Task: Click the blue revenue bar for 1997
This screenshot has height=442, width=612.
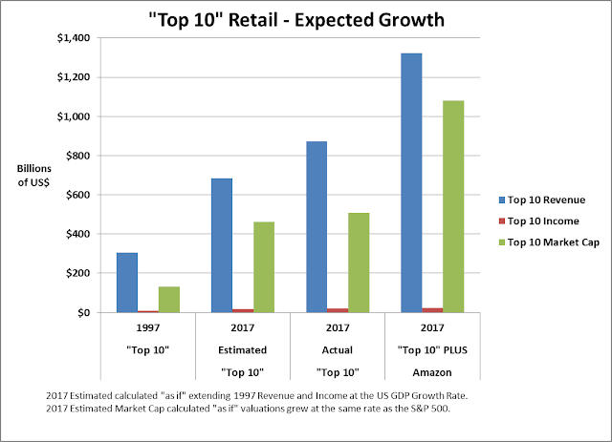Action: (x=126, y=283)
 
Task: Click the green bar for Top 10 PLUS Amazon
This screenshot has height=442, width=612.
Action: (x=452, y=206)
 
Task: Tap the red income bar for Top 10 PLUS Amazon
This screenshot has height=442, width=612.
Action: (x=431, y=310)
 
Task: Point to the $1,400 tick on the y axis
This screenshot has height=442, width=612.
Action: (x=76, y=37)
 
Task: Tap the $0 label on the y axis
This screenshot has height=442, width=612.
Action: (x=87, y=313)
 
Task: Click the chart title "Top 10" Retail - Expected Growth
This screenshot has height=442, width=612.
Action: (x=306, y=18)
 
